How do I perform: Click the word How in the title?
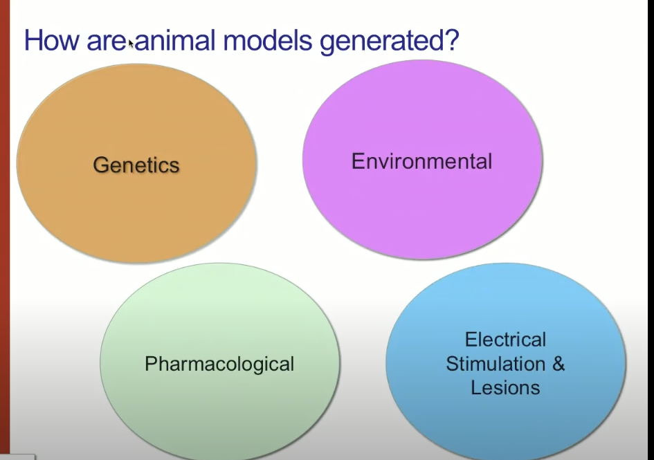tap(51, 40)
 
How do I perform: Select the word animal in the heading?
tap(175, 40)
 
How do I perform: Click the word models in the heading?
tap(267, 40)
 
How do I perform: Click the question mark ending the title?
tap(451, 40)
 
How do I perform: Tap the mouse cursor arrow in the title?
tap(131, 44)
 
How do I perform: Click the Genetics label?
tap(136, 165)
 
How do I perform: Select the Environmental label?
tap(421, 161)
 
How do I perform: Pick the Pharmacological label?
tap(219, 364)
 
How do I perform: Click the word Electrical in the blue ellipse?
tap(505, 340)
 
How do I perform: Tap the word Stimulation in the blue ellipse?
tap(496, 364)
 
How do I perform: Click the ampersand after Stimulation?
tap(558, 364)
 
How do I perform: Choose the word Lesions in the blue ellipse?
tap(505, 388)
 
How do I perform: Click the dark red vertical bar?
tap(5, 230)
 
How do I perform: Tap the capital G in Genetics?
tap(100, 165)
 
